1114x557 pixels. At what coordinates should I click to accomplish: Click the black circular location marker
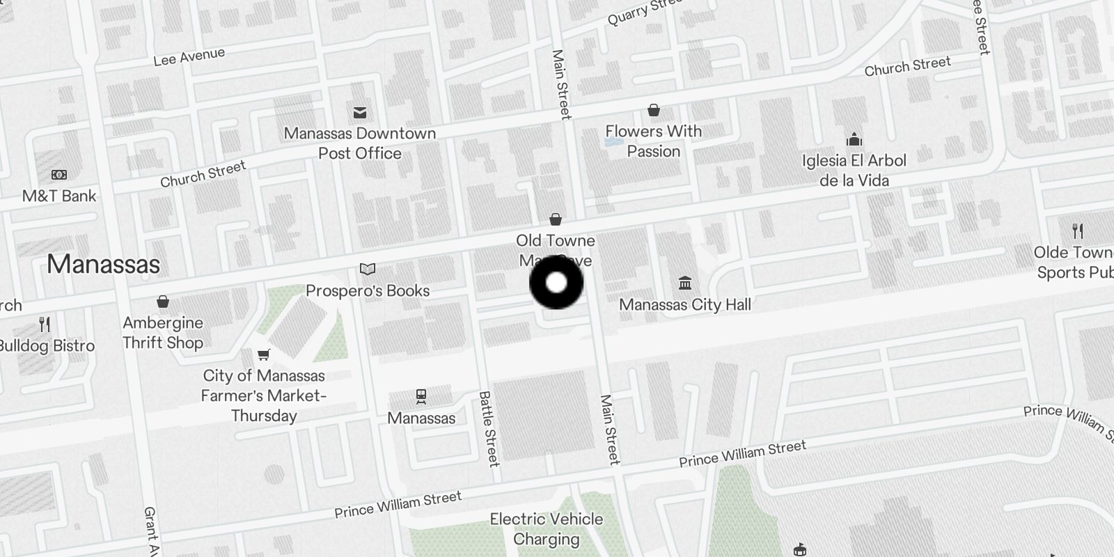556,283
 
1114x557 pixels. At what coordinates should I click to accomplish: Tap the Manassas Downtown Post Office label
360,143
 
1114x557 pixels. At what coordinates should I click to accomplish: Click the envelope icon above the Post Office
360,112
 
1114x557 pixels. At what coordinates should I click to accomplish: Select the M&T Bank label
59,196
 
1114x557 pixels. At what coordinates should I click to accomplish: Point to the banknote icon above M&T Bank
59,175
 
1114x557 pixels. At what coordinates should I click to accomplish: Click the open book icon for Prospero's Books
368,269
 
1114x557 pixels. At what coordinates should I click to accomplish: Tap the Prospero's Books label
368,290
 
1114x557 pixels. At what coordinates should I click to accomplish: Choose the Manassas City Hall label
685,304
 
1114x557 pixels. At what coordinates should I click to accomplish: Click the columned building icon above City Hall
685,283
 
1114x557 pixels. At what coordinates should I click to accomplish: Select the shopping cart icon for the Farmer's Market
263,355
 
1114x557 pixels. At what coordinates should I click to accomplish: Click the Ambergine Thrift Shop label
163,332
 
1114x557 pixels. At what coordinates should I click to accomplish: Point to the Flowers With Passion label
653,141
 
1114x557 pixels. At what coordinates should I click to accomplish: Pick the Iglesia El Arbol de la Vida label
854,170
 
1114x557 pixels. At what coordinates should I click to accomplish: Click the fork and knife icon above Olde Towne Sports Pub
1078,230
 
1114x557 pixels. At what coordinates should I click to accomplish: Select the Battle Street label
489,428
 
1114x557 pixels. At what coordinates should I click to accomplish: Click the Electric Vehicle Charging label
547,528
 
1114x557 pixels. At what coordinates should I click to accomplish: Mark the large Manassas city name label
103,264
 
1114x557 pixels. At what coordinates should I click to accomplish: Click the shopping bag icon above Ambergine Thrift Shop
163,301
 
